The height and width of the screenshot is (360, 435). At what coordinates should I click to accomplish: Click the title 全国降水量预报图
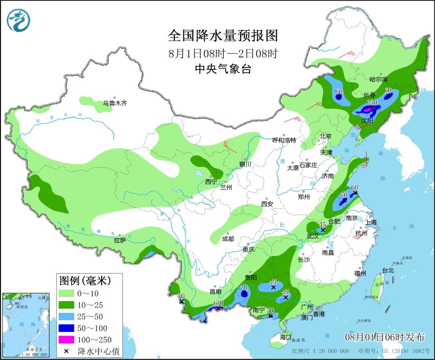point(223,36)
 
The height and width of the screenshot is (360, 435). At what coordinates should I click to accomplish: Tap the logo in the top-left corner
point(19,21)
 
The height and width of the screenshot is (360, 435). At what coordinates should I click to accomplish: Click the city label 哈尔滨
point(378,80)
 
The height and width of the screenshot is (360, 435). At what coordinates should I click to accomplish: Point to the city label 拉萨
point(119,240)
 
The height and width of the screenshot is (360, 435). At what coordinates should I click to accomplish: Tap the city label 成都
point(228,239)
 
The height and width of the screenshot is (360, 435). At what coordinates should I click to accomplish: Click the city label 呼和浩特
point(283,140)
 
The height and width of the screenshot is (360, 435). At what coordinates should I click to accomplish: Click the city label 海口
point(286,337)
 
